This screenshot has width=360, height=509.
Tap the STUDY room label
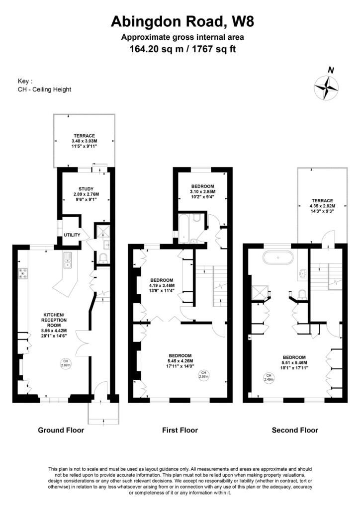(86, 189)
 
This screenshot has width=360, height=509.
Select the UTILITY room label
(72, 235)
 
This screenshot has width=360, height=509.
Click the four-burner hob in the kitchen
(23, 273)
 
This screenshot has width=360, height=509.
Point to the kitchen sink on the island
(68, 260)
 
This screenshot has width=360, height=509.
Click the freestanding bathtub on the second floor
(278, 257)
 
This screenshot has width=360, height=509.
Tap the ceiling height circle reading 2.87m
(66, 363)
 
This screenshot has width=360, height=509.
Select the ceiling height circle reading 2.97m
(204, 375)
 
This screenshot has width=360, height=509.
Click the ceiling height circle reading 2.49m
(269, 377)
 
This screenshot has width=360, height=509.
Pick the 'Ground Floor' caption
(61, 430)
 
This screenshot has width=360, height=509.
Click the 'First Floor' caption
(180, 430)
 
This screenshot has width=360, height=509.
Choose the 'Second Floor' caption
(295, 430)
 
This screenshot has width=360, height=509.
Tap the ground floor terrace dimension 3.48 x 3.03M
(85, 141)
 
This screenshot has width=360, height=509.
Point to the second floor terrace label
(322, 201)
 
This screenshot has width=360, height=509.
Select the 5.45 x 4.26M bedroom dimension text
(180, 361)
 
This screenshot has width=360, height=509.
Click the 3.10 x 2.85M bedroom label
(202, 191)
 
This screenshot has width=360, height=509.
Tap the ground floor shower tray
(102, 230)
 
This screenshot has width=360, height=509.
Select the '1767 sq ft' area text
(214, 49)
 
